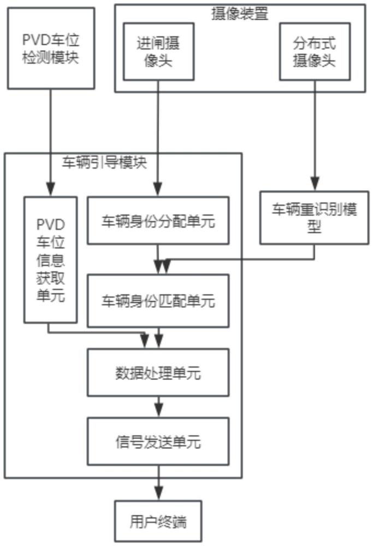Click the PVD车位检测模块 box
(x=51, y=49)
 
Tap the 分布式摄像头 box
(x=313, y=52)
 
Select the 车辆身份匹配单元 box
(x=158, y=300)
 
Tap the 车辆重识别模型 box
(x=314, y=217)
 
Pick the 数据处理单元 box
(x=158, y=373)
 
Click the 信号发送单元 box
(x=158, y=442)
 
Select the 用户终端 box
(x=158, y=522)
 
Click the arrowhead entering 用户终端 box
(x=158, y=494)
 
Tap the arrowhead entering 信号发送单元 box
(x=158, y=411)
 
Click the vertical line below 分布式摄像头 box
(x=314, y=131)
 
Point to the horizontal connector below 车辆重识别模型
(x=240, y=259)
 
